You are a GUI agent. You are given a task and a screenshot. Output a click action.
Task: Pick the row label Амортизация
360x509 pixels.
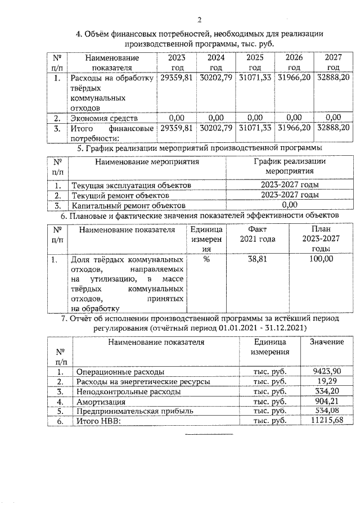point(97,402)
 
